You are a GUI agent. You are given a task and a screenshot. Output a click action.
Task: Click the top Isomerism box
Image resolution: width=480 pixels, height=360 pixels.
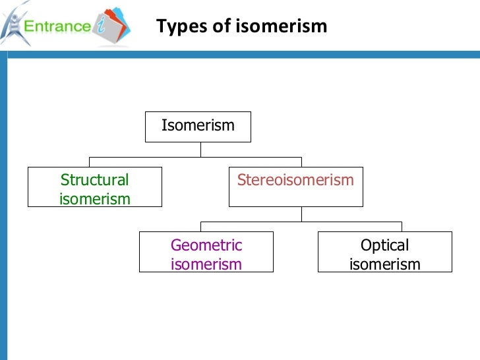click(198, 126)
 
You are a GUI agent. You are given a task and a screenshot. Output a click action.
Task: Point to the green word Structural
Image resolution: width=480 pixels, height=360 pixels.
click(94, 180)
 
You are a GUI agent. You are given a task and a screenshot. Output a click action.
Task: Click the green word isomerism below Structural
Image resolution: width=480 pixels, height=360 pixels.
click(94, 198)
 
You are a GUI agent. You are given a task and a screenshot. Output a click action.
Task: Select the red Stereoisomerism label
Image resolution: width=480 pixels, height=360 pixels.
click(295, 180)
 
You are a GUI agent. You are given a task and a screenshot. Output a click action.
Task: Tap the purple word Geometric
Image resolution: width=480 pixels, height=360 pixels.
click(206, 245)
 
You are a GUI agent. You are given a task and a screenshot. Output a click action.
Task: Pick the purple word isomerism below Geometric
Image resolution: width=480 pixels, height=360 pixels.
click(206, 264)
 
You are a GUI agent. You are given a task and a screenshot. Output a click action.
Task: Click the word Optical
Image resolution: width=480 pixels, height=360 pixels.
click(384, 245)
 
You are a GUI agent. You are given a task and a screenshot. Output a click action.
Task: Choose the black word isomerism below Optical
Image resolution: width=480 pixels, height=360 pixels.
click(384, 264)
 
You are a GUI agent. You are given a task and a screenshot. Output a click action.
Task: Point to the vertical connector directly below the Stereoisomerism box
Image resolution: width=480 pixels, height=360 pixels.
click(301, 214)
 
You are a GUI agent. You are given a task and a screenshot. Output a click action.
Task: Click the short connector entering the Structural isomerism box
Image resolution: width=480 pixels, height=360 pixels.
click(89, 162)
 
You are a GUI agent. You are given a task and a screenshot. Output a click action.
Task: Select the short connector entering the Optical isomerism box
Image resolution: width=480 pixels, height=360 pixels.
click(401, 226)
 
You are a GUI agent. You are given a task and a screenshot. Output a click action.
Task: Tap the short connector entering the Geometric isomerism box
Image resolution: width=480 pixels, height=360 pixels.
click(200, 226)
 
